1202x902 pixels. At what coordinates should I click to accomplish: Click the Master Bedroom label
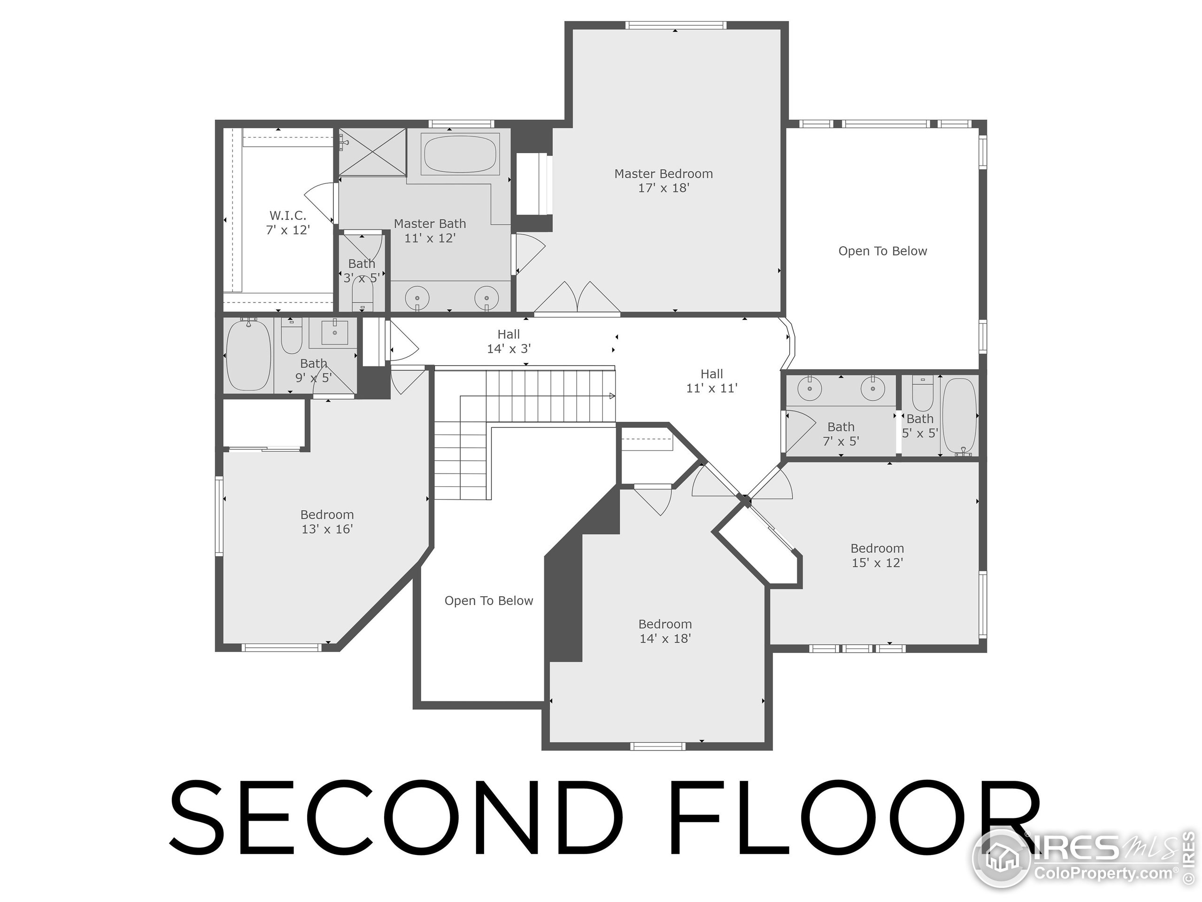coord(663,180)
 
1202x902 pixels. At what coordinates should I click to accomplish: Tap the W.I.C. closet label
coord(287,222)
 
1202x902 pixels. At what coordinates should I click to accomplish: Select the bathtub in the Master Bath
coord(460,155)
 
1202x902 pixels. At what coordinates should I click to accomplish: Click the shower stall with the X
coord(372,152)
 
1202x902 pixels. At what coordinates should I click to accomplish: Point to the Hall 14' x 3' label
coord(509,342)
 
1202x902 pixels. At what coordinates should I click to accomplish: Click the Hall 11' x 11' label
coord(711,381)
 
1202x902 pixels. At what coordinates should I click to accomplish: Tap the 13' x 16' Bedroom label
coord(327,521)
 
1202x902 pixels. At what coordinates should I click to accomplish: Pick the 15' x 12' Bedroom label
coord(877,555)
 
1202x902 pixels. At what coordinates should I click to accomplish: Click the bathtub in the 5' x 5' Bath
coord(959,416)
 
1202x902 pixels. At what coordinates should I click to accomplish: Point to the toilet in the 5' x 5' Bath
coord(922,395)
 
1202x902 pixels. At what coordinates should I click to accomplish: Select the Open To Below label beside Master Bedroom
coord(882,251)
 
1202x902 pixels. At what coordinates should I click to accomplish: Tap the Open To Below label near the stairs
coord(488,601)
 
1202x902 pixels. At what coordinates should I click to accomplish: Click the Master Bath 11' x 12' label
coord(430,231)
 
